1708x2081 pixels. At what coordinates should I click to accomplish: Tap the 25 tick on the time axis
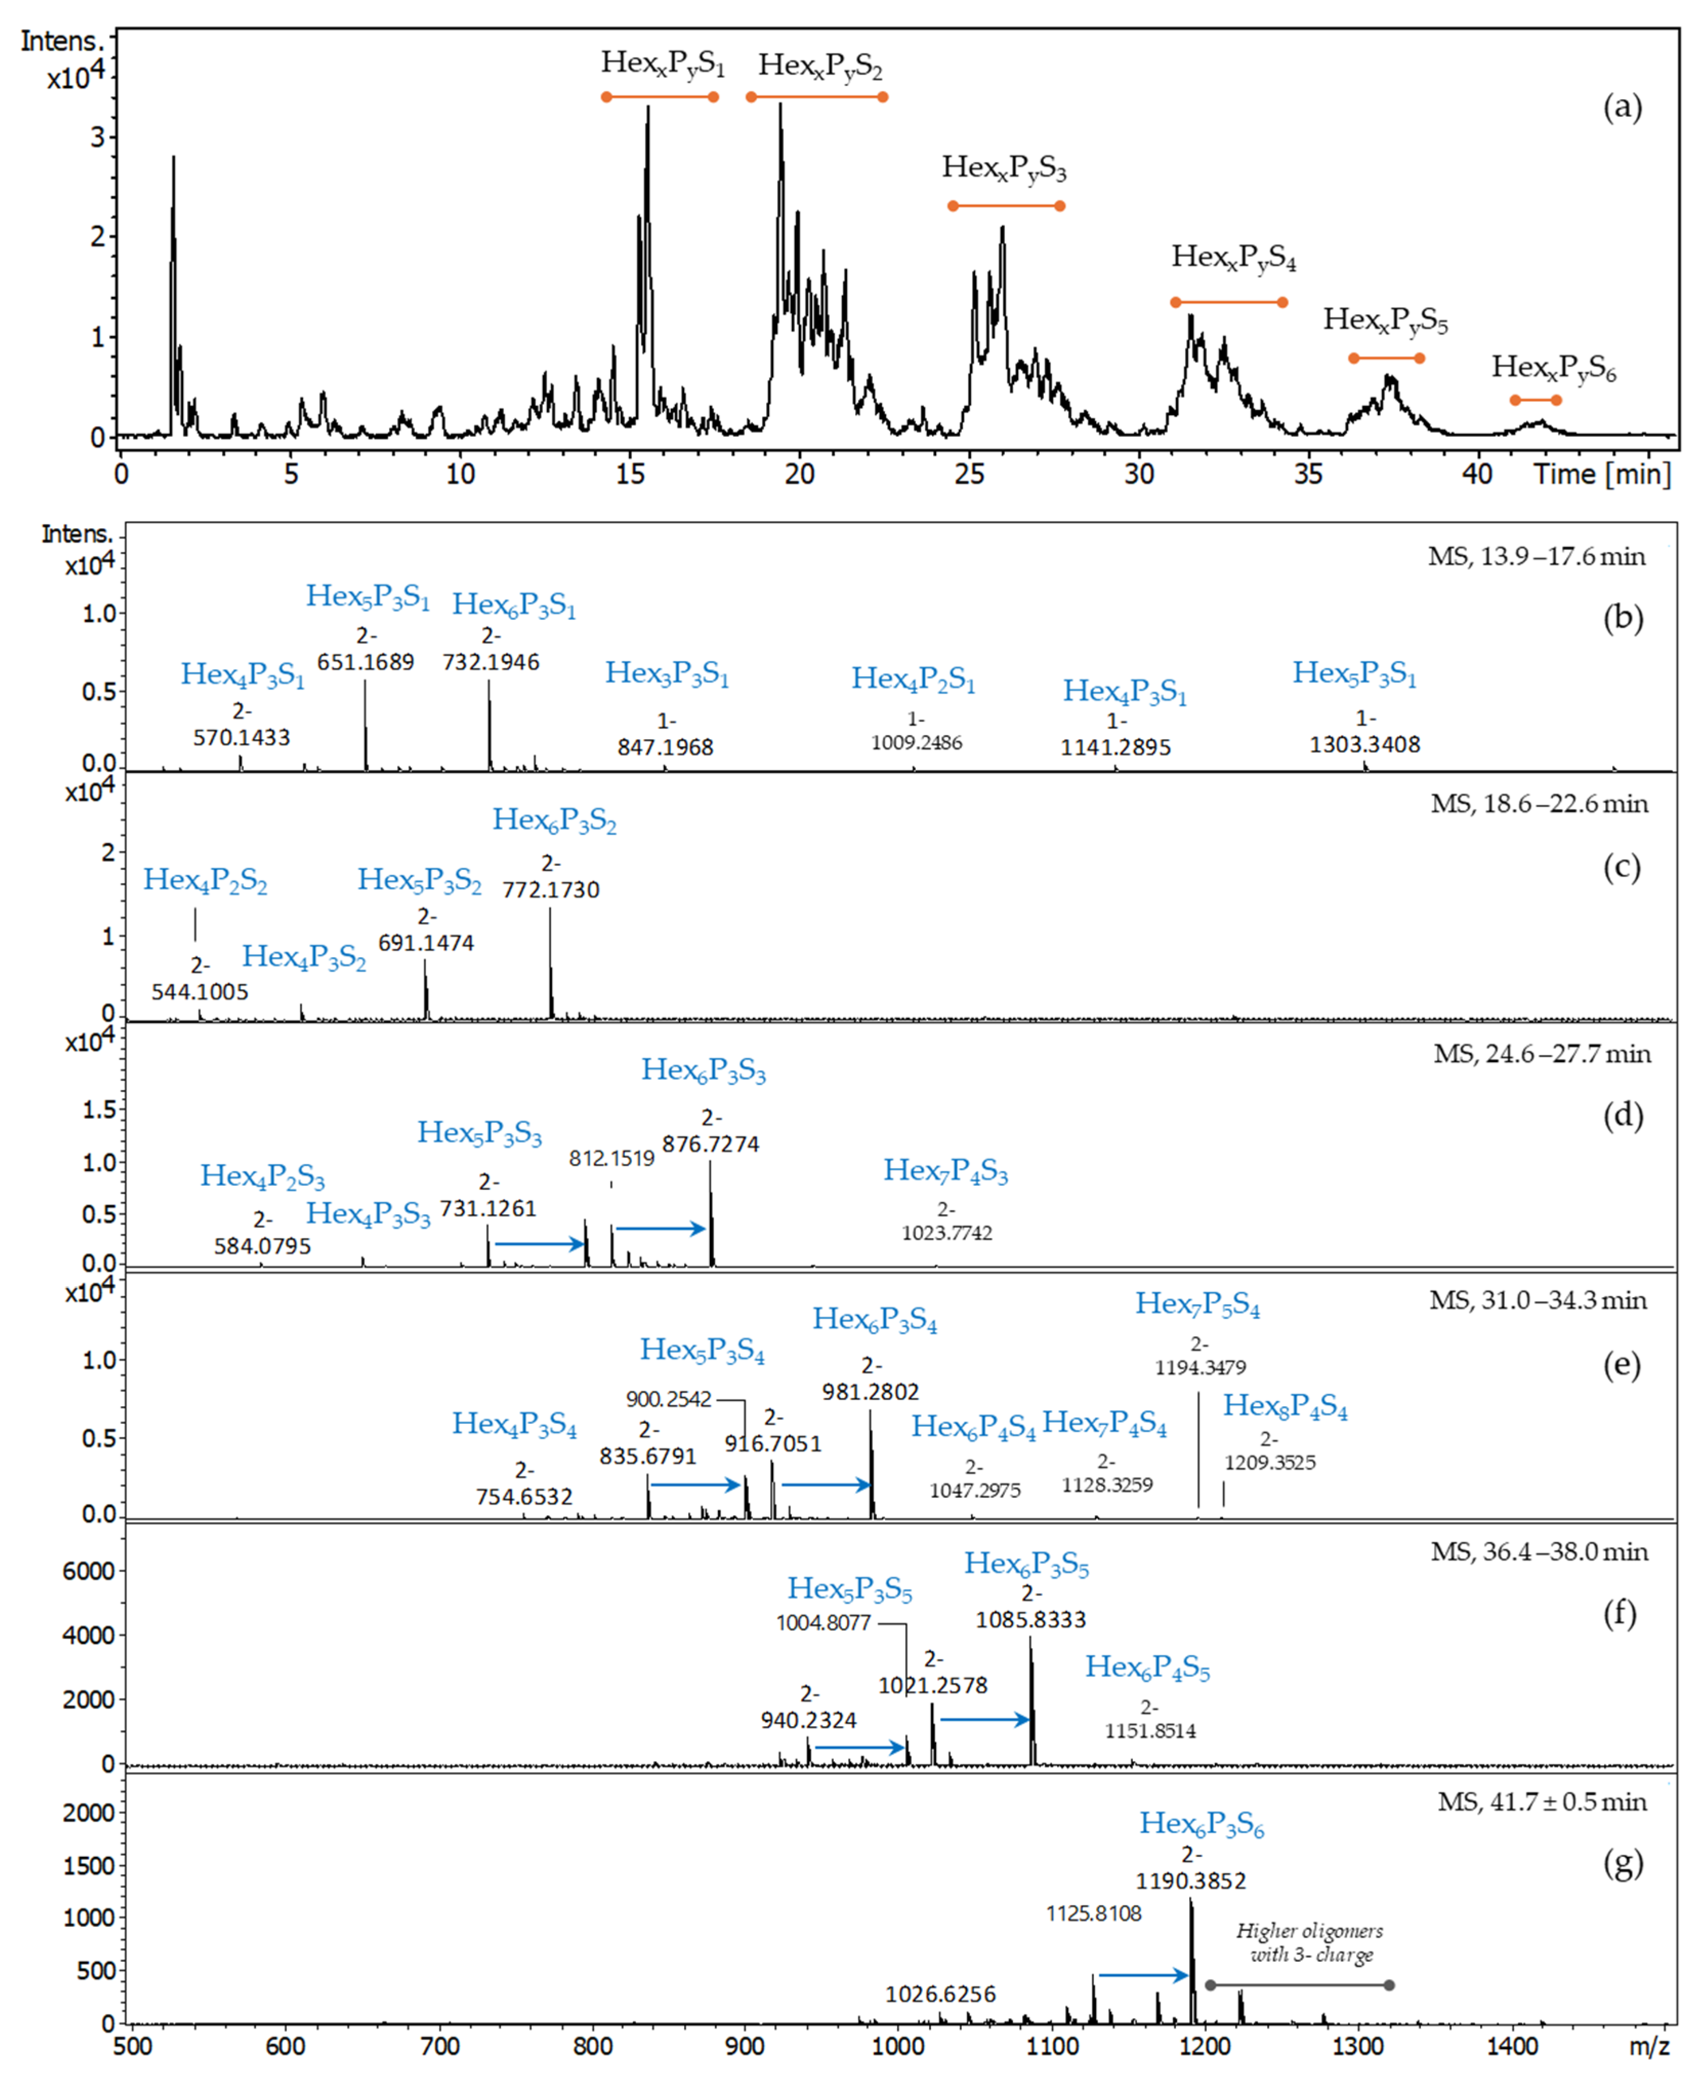coord(969,474)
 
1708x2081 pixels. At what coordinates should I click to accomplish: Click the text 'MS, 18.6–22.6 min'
coord(1539,804)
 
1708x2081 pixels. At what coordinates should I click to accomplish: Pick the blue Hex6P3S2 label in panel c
coord(554,820)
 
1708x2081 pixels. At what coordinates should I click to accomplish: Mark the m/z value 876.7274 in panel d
coord(710,1144)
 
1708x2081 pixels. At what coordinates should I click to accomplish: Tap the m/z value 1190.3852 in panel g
coord(1191,1881)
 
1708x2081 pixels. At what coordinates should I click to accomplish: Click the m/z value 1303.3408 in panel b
coord(1365,744)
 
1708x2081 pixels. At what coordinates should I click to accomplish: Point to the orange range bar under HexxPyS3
coord(1005,206)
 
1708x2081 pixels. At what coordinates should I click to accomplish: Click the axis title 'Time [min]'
coord(1602,474)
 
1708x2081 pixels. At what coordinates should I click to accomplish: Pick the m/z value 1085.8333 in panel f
coord(1030,1619)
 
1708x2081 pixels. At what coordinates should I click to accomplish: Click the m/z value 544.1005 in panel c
coord(200,991)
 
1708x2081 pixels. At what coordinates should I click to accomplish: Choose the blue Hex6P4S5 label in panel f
coord(1147,1667)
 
